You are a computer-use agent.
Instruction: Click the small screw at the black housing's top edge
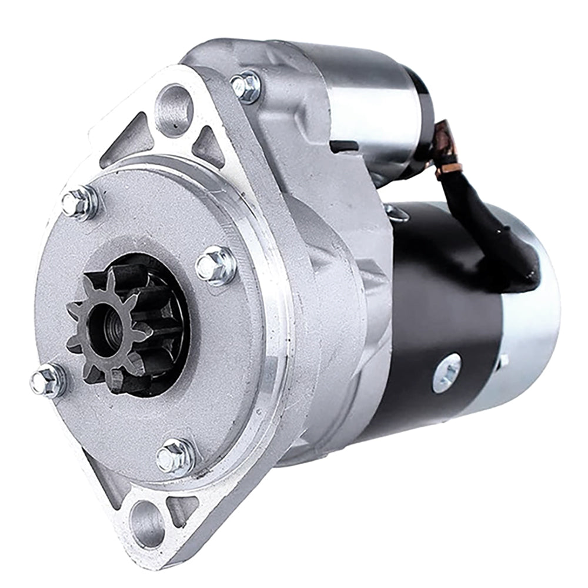click(397, 213)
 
